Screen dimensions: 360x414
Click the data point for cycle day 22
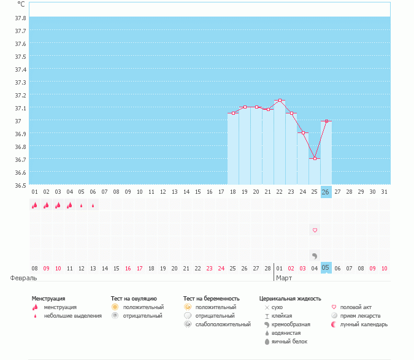click(280, 101)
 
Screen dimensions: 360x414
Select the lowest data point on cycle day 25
click(315, 159)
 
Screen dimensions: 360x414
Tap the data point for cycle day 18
click(233, 113)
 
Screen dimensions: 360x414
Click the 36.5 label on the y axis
click(20, 185)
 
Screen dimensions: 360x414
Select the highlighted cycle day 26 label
click(326, 192)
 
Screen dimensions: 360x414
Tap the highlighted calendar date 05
click(326, 268)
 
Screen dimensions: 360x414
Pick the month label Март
click(284, 278)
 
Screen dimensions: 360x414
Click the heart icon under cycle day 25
click(315, 231)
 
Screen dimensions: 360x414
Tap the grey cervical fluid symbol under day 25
click(314, 255)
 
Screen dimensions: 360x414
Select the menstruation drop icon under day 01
click(34, 205)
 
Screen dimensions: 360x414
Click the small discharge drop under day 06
click(93, 205)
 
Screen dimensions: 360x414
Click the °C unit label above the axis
click(21, 4)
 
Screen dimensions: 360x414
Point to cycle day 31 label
click(384, 192)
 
